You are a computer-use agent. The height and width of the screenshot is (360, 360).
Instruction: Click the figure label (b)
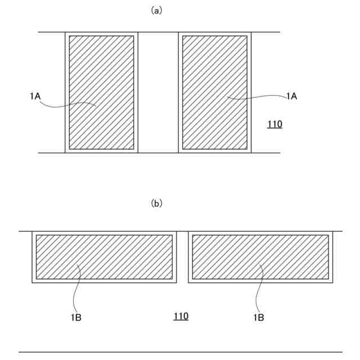click(157, 204)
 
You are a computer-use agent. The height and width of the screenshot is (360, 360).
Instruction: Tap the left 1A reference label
click(35, 96)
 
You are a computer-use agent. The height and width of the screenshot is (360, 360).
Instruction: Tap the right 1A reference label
click(291, 96)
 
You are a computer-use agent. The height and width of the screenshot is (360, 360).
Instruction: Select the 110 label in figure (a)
click(274, 124)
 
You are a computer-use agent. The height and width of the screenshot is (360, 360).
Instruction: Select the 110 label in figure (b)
click(181, 316)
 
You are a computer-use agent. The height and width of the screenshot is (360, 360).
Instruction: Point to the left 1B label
click(76, 318)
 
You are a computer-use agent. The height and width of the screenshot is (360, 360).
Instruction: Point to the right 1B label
click(259, 318)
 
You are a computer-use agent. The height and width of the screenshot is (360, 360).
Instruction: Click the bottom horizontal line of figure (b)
click(180, 352)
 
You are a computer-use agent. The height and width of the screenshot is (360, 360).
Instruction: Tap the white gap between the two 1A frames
click(158, 93)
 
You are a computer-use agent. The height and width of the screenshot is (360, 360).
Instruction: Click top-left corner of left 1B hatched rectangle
click(37, 235)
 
